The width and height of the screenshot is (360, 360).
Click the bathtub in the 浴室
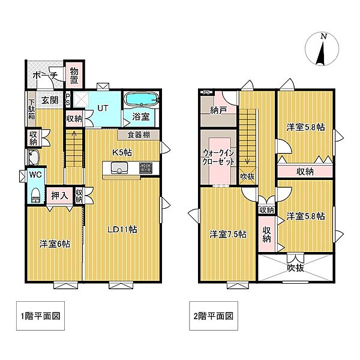[x=142, y=100]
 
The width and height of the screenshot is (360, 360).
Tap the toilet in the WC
[x=36, y=196]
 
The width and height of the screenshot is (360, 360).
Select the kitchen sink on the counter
[x=119, y=167]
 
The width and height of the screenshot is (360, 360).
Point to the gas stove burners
[x=146, y=167]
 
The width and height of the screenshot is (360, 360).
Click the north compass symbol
[x=322, y=49]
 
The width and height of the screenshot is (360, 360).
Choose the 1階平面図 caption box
[x=40, y=316]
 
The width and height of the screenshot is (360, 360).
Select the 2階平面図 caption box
[x=213, y=316]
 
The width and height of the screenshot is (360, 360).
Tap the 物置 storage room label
[x=74, y=75]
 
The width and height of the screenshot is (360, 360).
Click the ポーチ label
[x=44, y=75]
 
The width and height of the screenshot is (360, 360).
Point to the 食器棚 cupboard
[x=139, y=135]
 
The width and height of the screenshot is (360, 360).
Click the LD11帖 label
[x=122, y=229]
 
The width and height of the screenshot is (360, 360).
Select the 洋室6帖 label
[x=55, y=244]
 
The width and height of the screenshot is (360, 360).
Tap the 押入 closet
[x=59, y=196]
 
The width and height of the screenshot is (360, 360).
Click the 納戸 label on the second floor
[x=218, y=110]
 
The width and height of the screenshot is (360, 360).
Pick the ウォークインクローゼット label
[x=218, y=157]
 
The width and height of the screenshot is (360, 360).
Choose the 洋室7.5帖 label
[x=228, y=235]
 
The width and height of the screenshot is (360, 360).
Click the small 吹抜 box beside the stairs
[x=247, y=176]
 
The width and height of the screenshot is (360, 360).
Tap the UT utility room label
[x=103, y=108]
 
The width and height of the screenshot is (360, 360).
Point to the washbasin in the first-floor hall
[x=33, y=157]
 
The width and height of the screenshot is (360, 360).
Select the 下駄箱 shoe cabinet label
[x=32, y=109]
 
